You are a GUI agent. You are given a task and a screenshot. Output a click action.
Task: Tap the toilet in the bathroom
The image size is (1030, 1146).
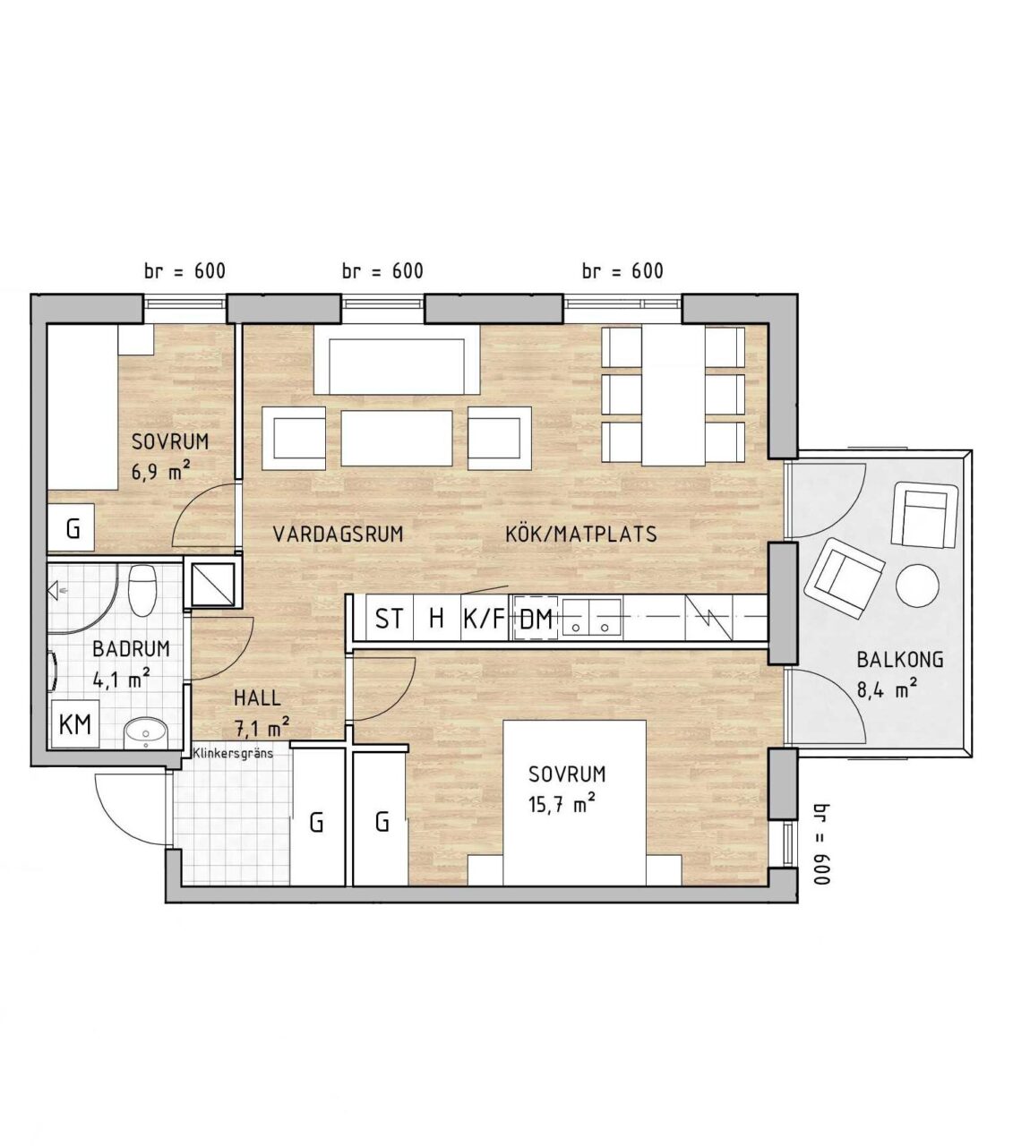[142, 592]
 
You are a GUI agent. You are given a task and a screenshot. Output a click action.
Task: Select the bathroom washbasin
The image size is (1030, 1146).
[145, 733]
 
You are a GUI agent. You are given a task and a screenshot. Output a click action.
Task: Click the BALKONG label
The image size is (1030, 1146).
[900, 660]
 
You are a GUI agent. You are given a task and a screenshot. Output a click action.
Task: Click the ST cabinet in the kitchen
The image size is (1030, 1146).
[390, 619]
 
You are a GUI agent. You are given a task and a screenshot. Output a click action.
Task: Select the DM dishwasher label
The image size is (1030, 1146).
[536, 620]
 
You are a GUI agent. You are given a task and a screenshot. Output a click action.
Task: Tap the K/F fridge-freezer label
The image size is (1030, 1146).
[485, 619]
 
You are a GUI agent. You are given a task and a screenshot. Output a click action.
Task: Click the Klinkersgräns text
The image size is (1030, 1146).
[233, 754]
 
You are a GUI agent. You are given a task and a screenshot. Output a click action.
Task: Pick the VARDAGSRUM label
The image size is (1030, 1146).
[339, 534]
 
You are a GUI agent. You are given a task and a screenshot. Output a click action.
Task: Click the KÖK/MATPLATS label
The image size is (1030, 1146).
[581, 534]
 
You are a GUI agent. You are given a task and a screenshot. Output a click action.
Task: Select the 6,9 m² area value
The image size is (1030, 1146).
[160, 471]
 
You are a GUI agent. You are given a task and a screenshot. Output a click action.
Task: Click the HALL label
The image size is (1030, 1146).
[258, 698]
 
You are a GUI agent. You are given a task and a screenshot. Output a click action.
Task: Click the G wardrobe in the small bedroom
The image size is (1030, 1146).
[72, 529]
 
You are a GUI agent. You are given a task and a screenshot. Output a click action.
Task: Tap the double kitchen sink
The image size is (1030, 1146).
[588, 617]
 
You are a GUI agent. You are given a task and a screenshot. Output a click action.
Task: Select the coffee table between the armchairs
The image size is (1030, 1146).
[397, 439]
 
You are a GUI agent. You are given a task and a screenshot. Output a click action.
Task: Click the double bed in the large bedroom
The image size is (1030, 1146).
[575, 803]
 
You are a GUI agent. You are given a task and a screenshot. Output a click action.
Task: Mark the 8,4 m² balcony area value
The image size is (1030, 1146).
[887, 690]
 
